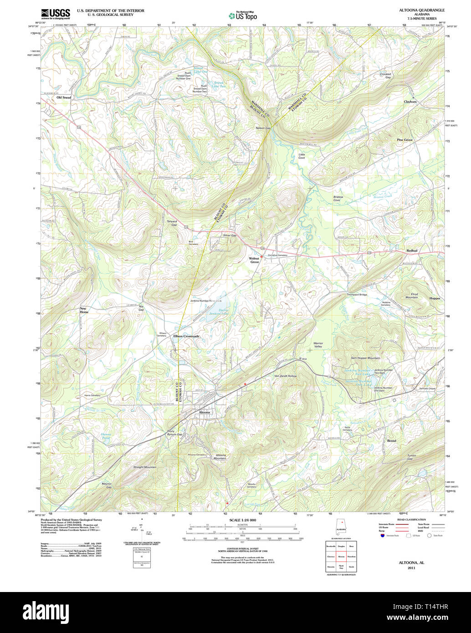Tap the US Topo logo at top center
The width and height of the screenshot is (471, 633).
[x=242, y=15]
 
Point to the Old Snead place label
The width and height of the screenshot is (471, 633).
[x=64, y=97]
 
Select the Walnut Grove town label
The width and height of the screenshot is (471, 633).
[x=254, y=260]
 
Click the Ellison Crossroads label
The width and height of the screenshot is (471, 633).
[x=186, y=336]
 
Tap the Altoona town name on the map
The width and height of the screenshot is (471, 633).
[x=205, y=412]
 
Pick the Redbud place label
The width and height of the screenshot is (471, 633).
[x=412, y=251]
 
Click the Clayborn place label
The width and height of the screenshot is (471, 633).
[x=410, y=102]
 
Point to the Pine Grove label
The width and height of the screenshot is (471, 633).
[x=404, y=140]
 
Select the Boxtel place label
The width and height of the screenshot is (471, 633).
[x=392, y=441]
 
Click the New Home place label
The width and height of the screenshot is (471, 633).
[x=84, y=310]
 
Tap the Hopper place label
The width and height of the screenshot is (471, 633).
[x=435, y=298]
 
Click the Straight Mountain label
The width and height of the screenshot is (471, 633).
[x=144, y=467]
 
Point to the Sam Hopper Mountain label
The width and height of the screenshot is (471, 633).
[x=365, y=358]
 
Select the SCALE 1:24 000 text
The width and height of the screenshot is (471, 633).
[x=242, y=520]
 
